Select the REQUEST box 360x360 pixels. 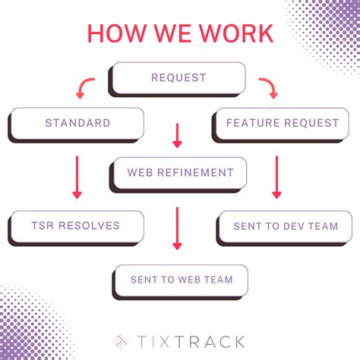click(x=178, y=77)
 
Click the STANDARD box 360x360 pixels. click(x=77, y=122)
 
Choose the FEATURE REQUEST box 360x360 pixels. click(x=282, y=122)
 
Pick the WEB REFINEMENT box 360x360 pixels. click(x=180, y=172)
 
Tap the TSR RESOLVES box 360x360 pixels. click(x=77, y=226)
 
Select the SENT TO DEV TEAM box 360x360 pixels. click(x=284, y=226)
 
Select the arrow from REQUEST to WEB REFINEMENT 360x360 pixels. click(x=178, y=134)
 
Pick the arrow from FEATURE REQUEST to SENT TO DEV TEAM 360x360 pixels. click(x=276, y=176)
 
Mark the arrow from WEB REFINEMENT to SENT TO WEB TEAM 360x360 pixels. click(x=178, y=229)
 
